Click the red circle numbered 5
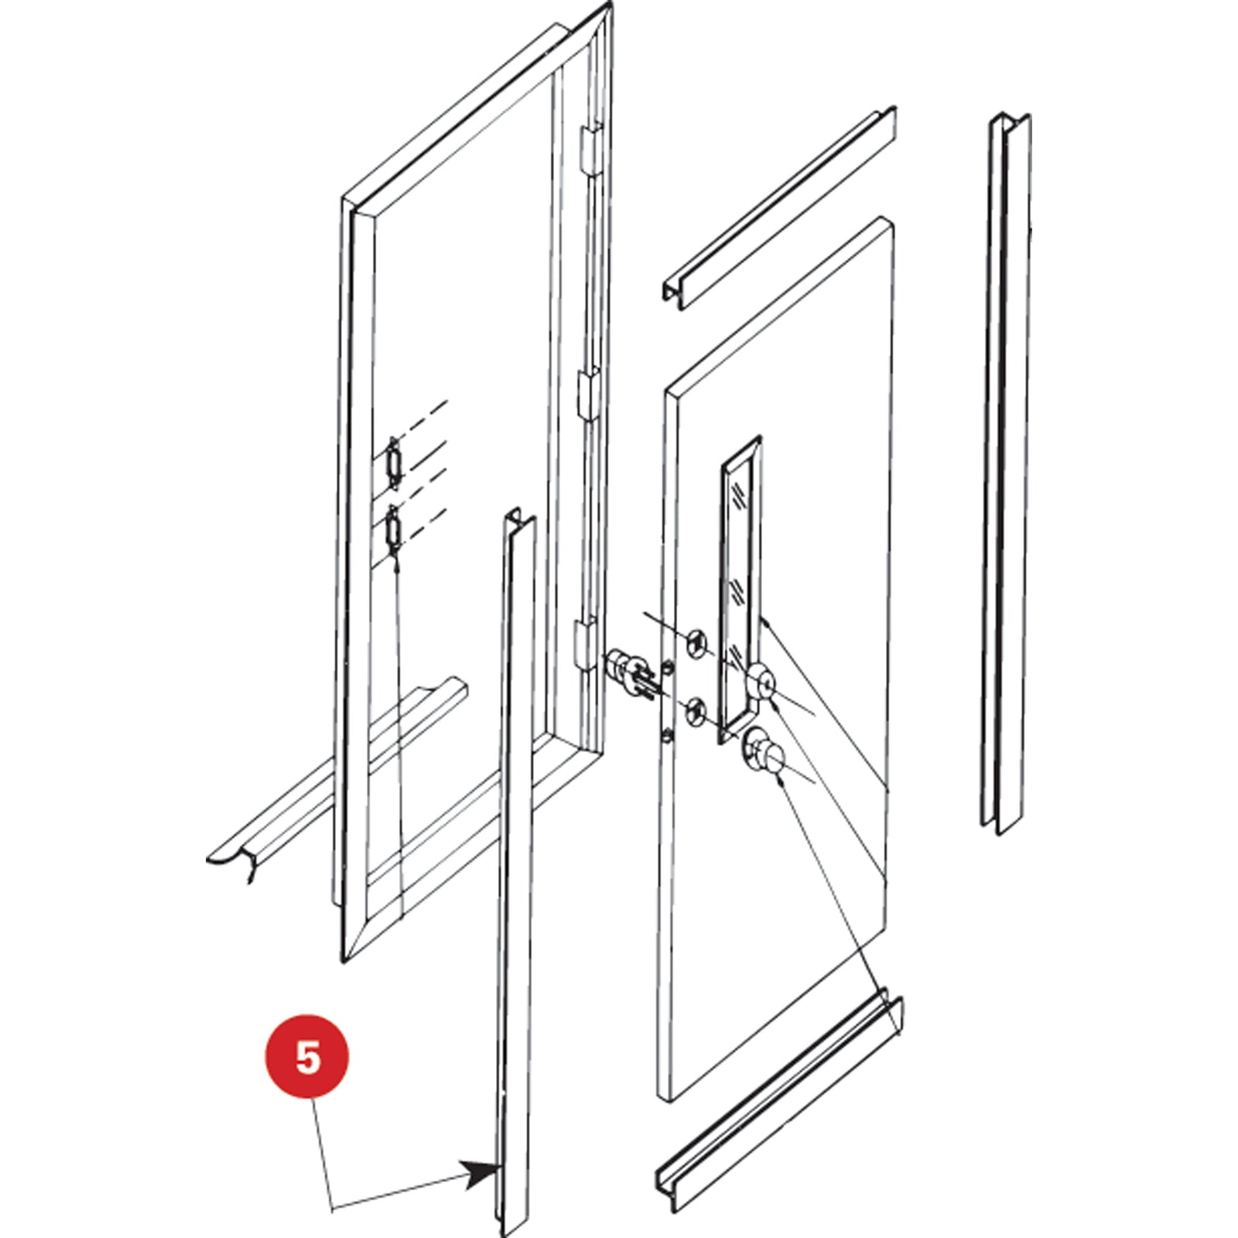coord(307,1056)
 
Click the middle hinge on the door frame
coord(587,394)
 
